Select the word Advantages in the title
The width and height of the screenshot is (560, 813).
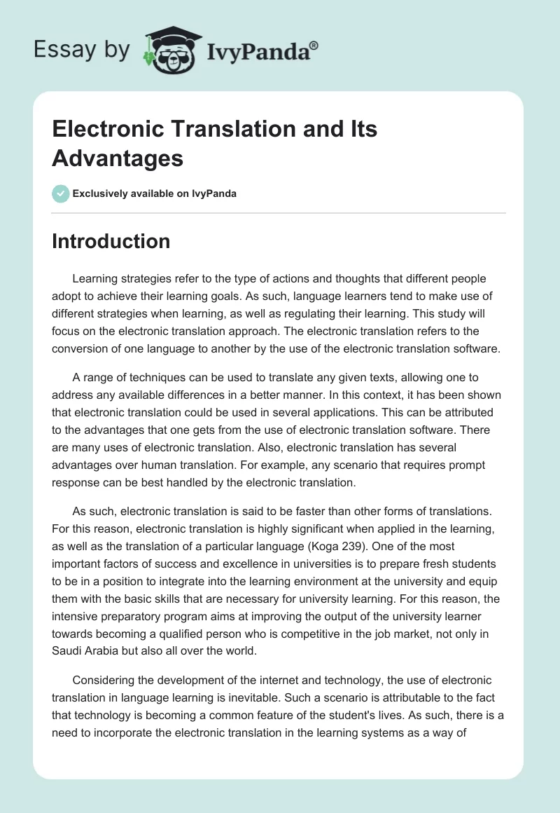click(x=118, y=158)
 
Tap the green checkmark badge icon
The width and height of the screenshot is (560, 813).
click(x=61, y=193)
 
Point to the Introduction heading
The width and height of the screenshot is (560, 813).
click(x=111, y=242)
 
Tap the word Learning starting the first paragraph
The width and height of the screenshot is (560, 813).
click(x=95, y=279)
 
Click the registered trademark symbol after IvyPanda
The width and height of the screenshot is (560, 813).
click(x=314, y=44)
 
